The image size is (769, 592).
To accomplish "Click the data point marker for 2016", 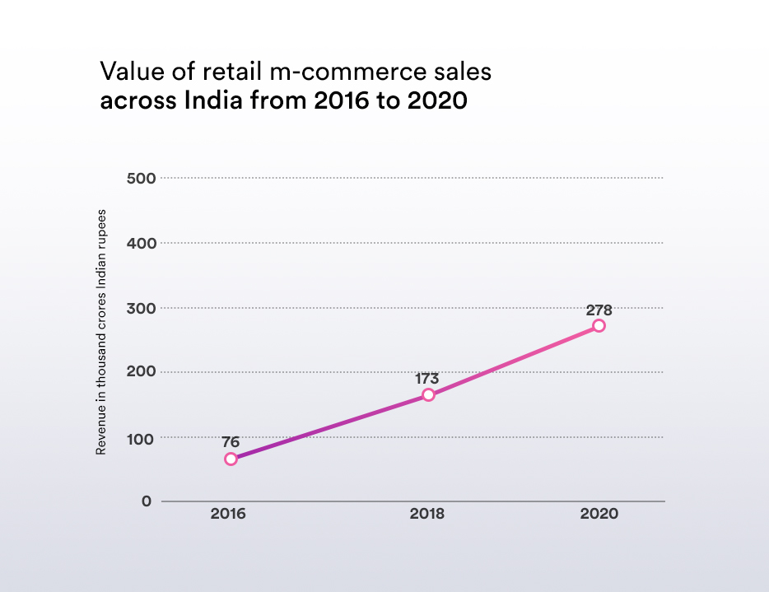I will [x=231, y=459].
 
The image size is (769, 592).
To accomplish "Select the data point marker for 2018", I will [x=428, y=395].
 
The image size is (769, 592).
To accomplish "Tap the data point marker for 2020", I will [x=599, y=326].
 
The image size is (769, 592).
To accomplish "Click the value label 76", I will [x=231, y=442].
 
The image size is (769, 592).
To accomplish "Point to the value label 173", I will [x=426, y=379].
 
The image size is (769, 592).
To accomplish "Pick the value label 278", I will [x=599, y=310].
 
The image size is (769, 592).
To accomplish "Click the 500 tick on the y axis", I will [x=138, y=178].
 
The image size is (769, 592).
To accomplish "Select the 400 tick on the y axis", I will [x=138, y=243].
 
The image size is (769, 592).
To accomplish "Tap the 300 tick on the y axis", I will [x=138, y=308].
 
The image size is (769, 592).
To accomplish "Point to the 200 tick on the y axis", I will [x=138, y=372].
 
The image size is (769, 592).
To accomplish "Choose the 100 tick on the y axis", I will [x=138, y=437].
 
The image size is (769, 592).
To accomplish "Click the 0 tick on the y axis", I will [x=147, y=501].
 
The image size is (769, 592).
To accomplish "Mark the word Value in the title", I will [x=128, y=72].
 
